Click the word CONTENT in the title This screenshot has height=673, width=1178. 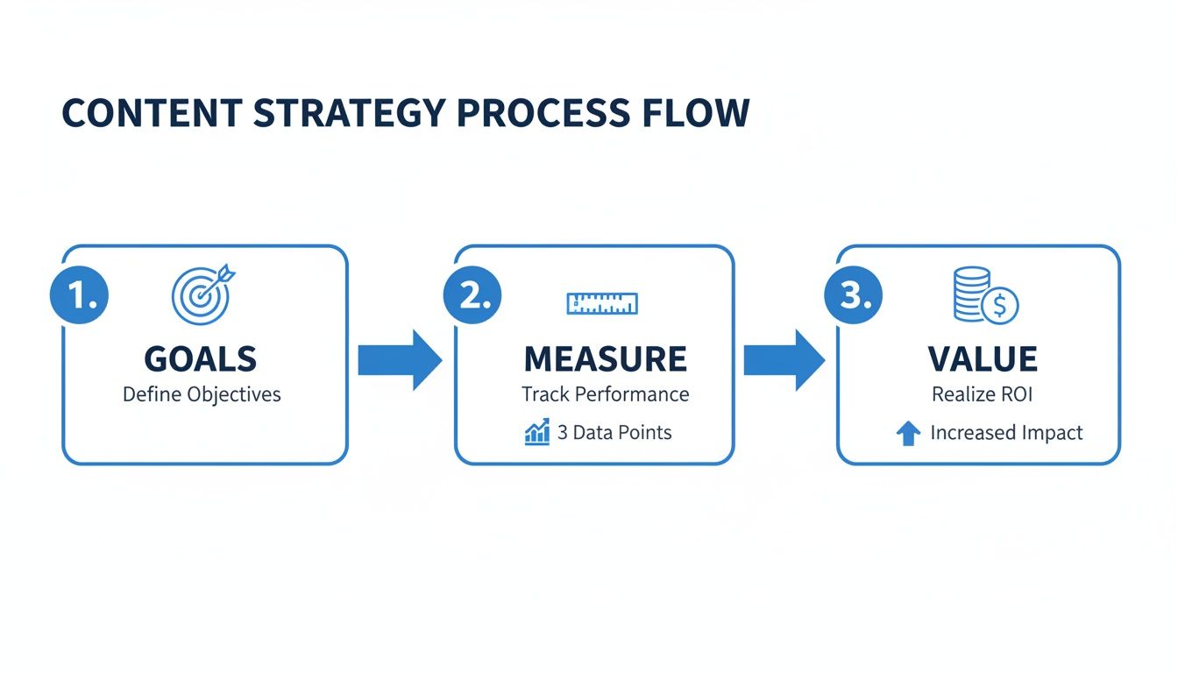150,114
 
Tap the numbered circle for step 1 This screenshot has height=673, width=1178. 80,296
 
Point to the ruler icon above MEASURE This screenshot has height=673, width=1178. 602,303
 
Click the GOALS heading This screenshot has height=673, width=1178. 201,359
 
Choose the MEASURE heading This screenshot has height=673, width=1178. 605,359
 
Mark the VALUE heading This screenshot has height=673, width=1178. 982,359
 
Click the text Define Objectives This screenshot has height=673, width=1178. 202,394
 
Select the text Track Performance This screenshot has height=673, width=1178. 605,394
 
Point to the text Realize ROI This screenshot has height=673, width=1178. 982,394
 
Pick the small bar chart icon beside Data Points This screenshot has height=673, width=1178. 537,431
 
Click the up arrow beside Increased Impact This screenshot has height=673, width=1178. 909,433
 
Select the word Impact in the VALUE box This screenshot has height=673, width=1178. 1052,433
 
